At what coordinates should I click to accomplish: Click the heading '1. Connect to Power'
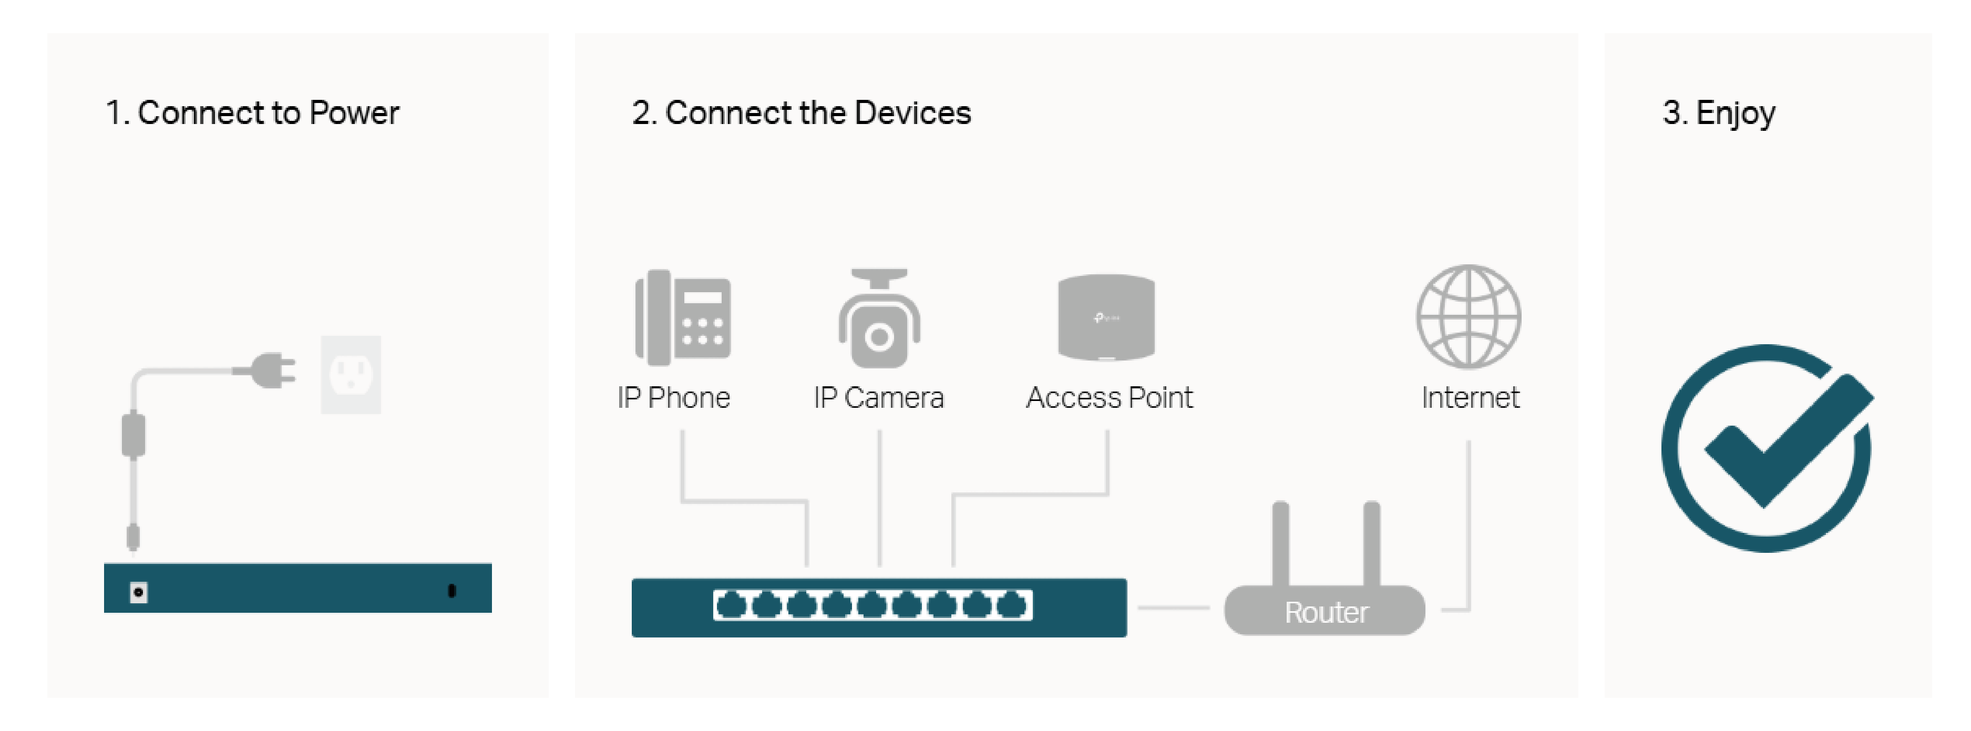click(x=252, y=113)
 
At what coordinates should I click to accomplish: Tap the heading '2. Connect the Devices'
click(x=801, y=113)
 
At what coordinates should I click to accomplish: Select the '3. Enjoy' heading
click(x=1719, y=113)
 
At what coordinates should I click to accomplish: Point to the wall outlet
click(x=351, y=375)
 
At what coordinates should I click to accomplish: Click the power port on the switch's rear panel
click(x=138, y=592)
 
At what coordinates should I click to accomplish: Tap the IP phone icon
click(x=683, y=317)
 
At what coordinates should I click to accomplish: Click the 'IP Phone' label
click(x=673, y=398)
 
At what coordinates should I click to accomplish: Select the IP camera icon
click(x=879, y=319)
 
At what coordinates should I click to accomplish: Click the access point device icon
click(x=1106, y=317)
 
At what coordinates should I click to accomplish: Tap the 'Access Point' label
click(x=1108, y=398)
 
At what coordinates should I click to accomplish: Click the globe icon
click(x=1469, y=316)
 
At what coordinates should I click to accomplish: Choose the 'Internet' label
click(x=1470, y=398)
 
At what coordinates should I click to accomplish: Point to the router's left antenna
click(x=1280, y=543)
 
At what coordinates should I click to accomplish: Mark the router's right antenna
click(x=1371, y=543)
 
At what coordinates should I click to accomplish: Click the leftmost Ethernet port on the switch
click(x=732, y=605)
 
